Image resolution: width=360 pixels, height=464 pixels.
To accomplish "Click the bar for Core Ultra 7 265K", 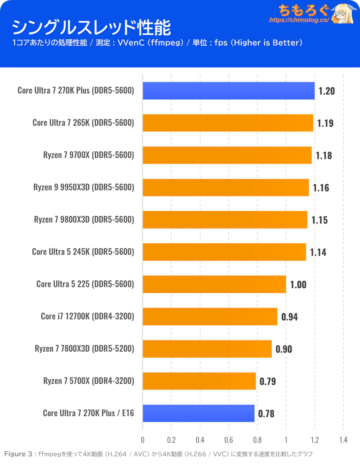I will click(x=228, y=123).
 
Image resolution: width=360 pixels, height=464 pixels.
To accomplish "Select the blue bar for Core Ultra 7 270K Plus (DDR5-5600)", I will click(x=229, y=91).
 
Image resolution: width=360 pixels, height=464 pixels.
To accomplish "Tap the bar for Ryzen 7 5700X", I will click(x=199, y=381).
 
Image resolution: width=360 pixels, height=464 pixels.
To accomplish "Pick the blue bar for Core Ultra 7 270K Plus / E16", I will click(x=198, y=413).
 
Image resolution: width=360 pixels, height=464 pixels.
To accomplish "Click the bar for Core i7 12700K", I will click(x=210, y=316).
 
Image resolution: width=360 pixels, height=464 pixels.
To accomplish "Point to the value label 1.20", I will click(x=327, y=91).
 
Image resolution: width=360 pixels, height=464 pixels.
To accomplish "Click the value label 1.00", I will click(x=298, y=285).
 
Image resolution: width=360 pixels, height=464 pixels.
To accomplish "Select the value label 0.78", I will click(x=266, y=414).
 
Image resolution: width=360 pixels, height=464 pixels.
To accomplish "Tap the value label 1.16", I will click(x=321, y=188).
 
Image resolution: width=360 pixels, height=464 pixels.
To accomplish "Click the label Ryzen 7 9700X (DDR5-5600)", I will click(x=89, y=155).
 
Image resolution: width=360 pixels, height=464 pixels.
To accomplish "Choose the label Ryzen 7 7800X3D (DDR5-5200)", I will click(x=85, y=349).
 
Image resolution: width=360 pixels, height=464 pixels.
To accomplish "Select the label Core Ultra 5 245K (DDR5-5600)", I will click(x=83, y=252).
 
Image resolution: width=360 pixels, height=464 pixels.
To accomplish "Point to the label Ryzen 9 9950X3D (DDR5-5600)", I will click(x=84, y=187).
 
